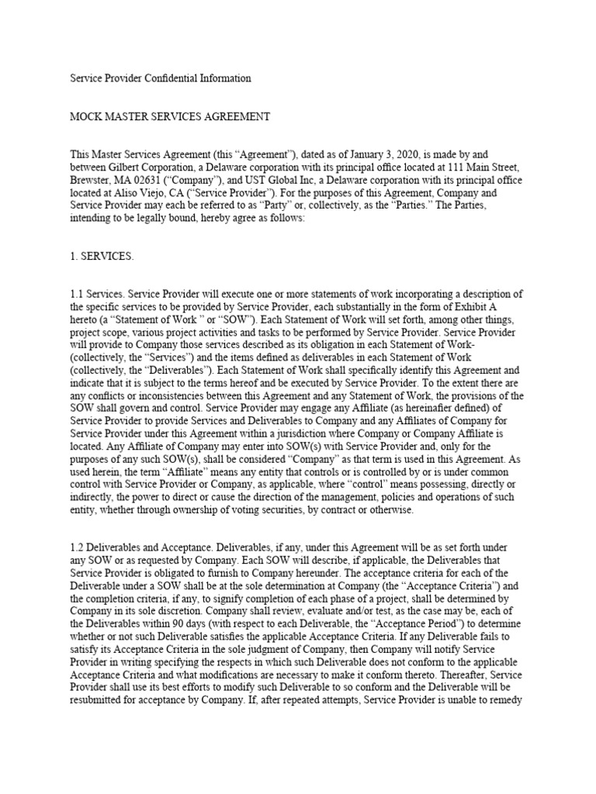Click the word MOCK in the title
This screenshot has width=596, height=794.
pyautogui.click(x=88, y=117)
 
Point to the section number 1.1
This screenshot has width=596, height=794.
pyautogui.click(x=79, y=294)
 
